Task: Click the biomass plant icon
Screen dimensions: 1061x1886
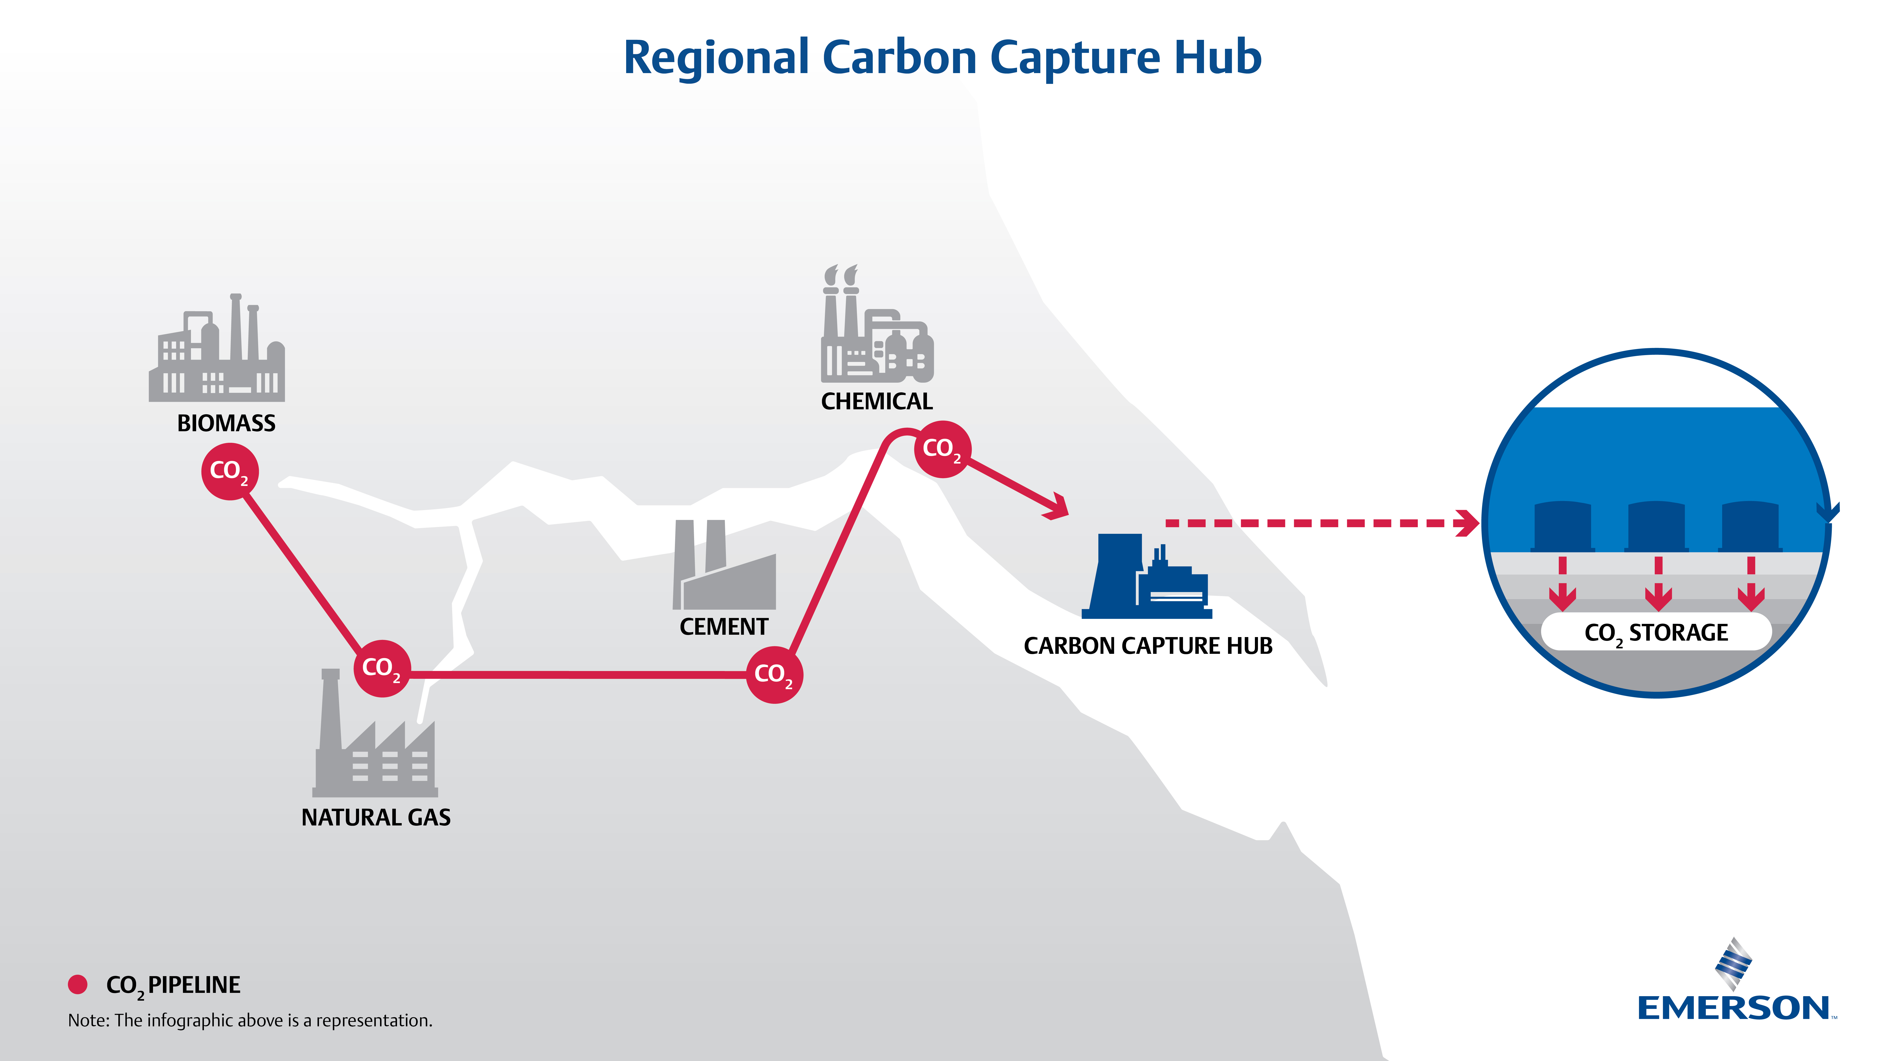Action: coord(217,352)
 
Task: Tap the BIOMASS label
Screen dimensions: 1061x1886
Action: coord(226,423)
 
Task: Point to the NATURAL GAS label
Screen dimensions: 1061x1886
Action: coord(376,817)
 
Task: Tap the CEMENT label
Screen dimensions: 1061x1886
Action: coord(723,627)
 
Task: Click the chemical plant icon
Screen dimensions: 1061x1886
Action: coord(876,330)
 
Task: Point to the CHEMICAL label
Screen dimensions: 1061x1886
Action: coord(876,401)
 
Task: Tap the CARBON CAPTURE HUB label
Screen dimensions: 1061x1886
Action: coord(1147,646)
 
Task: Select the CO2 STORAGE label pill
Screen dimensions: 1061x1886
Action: coord(1656,632)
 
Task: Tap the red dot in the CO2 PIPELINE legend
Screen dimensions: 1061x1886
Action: coord(78,984)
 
